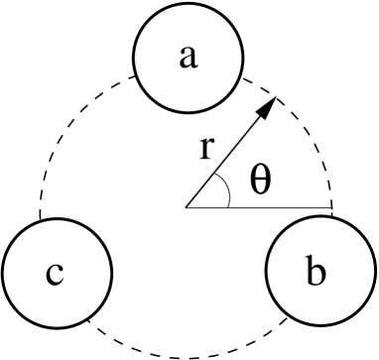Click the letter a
[x=189, y=58]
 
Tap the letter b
[x=316, y=271]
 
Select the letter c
[x=55, y=273]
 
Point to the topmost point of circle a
[x=189, y=5]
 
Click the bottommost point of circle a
[x=189, y=109]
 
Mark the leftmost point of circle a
[x=136, y=58]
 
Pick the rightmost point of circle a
[x=241, y=58]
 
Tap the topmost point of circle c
[x=56, y=220]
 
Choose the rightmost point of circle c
[x=108, y=273]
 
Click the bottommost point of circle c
[x=56, y=325]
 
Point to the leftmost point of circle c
[x=3, y=273]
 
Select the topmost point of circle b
[x=319, y=220]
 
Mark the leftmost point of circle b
[x=267, y=273]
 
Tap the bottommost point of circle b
[x=319, y=325]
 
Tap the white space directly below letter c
[x=56, y=305]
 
